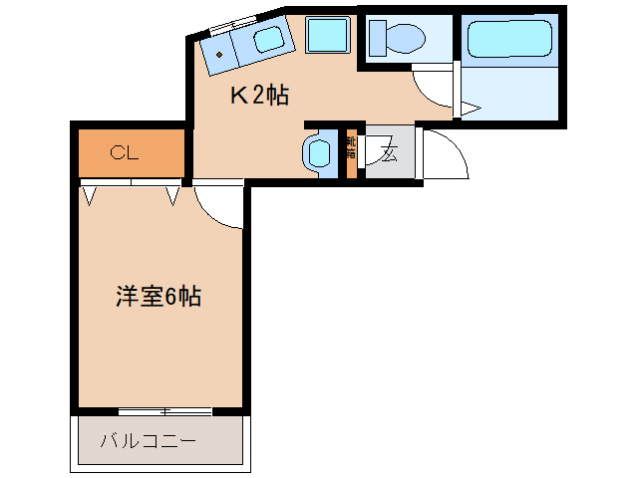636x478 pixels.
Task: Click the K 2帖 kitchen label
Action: [260, 96]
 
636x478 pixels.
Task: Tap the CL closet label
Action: [125, 152]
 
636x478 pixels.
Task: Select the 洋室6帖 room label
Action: [159, 297]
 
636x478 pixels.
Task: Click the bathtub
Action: [509, 40]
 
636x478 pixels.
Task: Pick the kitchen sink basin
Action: [268, 42]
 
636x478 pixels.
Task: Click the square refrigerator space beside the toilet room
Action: [326, 37]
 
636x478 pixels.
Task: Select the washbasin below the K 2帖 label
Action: [318, 153]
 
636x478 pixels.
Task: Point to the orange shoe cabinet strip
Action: [351, 151]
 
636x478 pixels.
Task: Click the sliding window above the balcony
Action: [165, 410]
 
